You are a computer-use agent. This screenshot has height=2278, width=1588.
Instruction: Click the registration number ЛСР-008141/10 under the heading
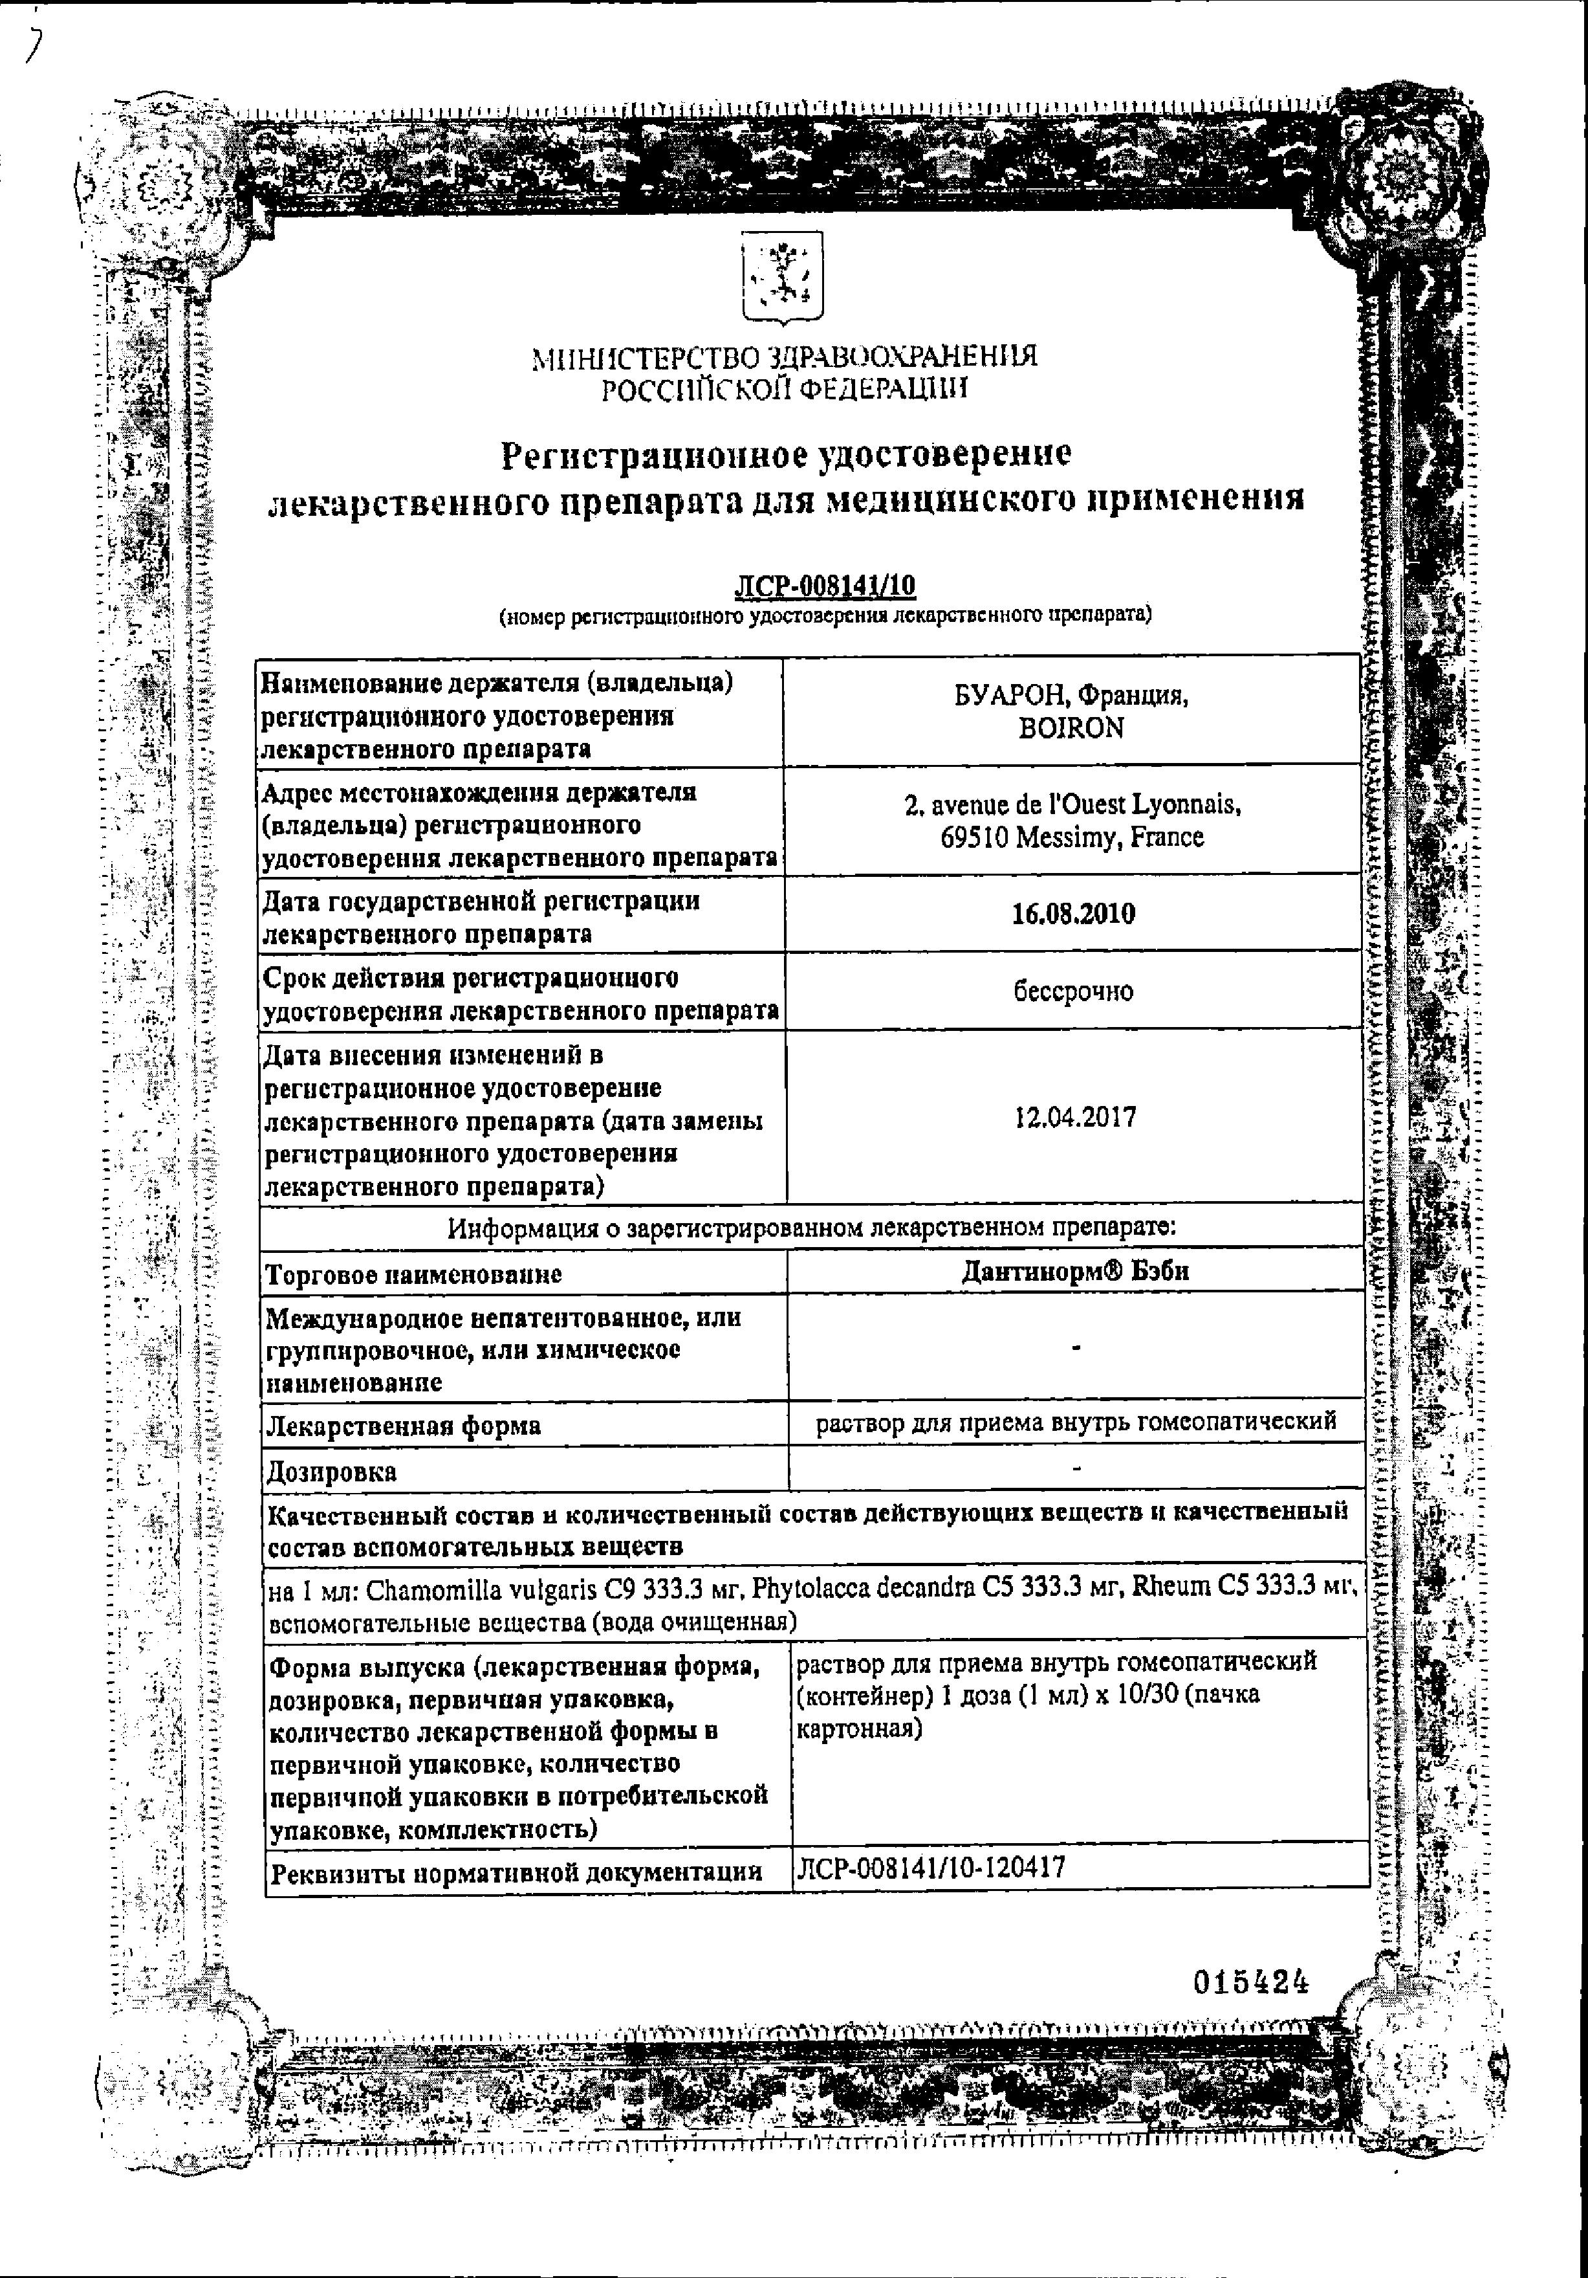[824, 588]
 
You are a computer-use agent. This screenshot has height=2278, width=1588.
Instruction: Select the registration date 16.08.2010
[1073, 914]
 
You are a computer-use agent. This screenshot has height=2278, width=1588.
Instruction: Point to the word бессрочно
[1073, 991]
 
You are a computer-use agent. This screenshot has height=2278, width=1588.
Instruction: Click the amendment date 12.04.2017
[1075, 1119]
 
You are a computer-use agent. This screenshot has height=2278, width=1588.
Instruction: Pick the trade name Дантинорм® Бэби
[1075, 1272]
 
